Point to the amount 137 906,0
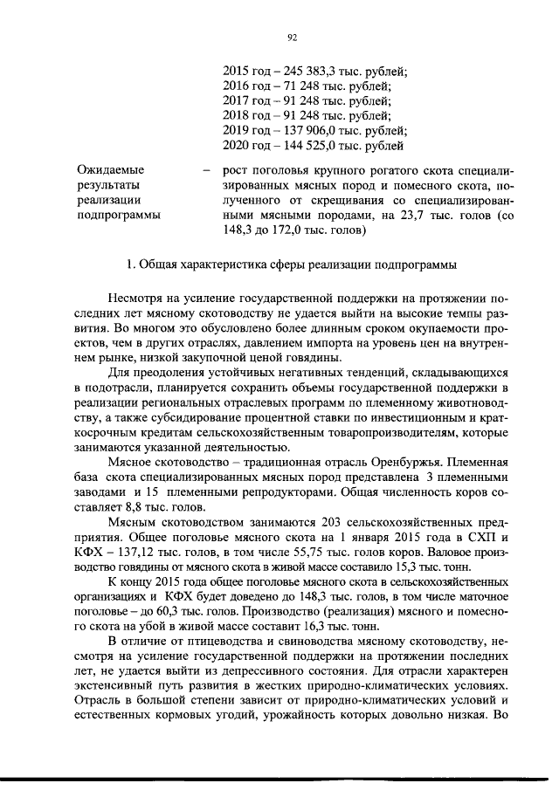(301, 130)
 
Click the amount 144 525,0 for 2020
(301, 145)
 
